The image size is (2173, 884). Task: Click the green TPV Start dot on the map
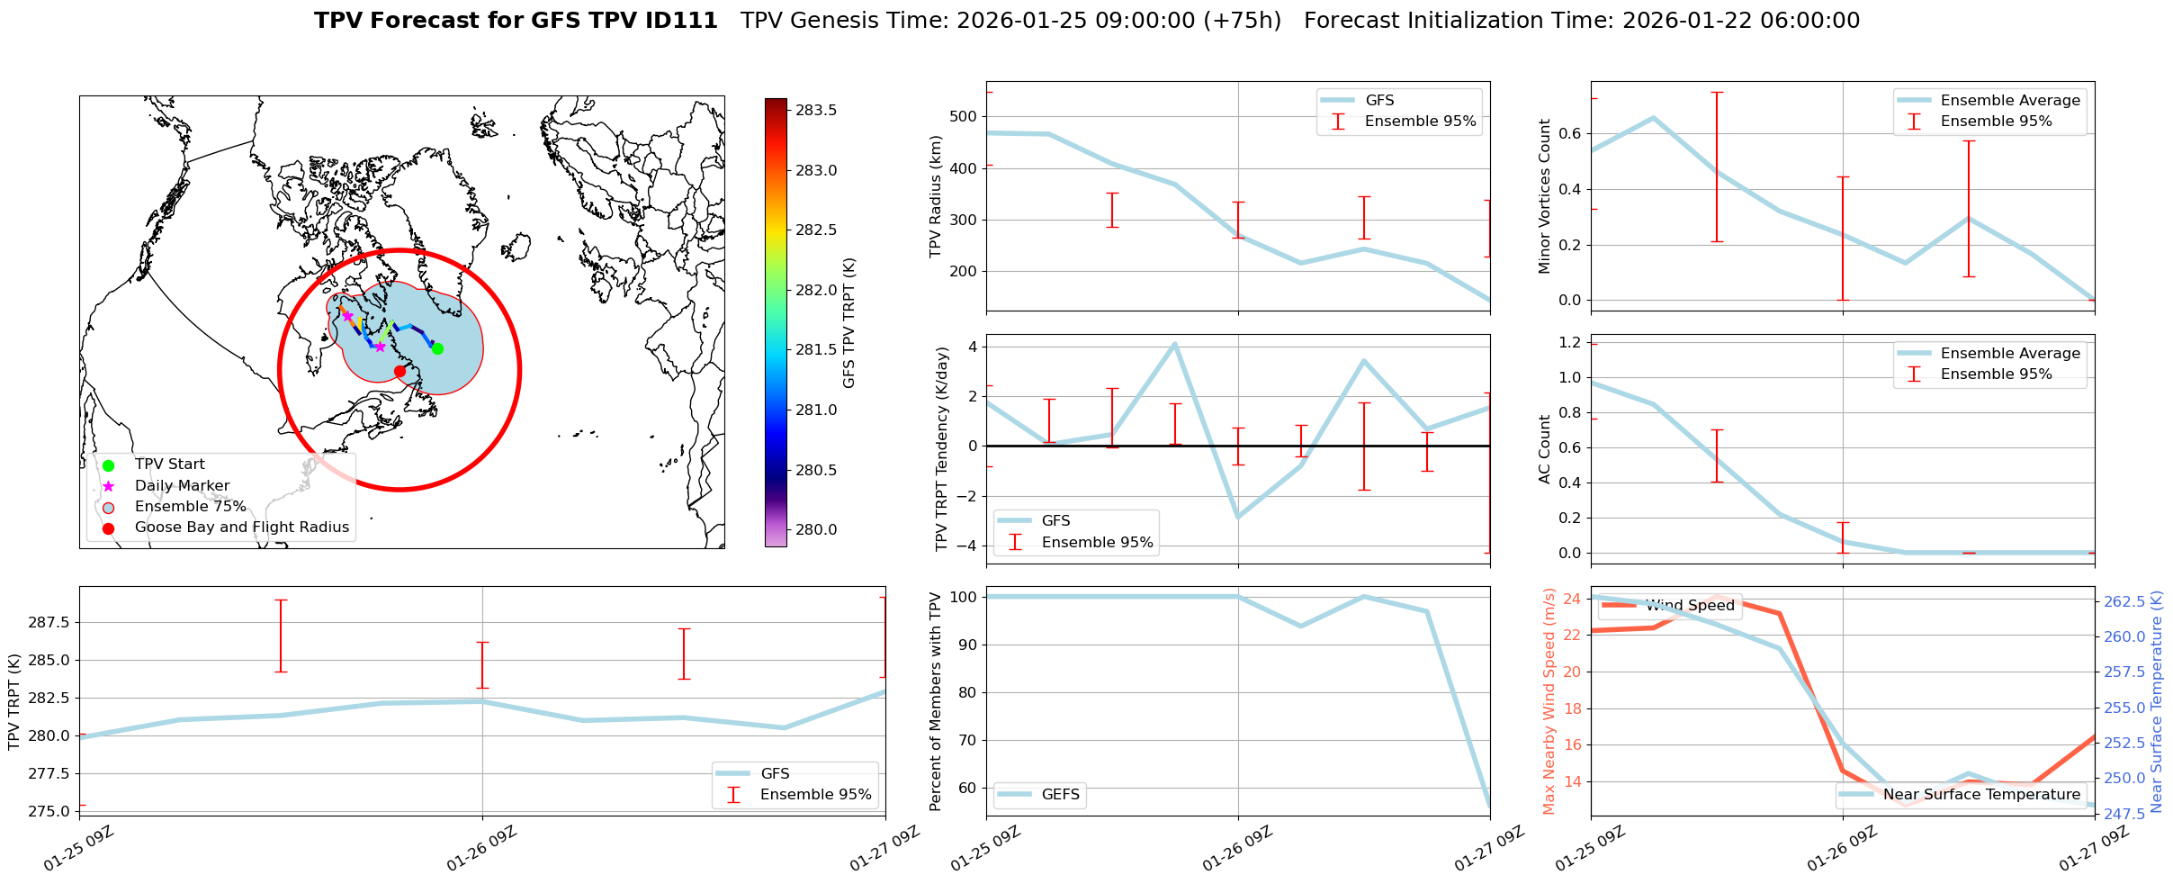click(437, 348)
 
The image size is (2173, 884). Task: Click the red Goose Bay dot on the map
click(400, 371)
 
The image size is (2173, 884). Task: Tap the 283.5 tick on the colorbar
click(816, 110)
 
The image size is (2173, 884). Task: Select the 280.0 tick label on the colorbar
click(816, 529)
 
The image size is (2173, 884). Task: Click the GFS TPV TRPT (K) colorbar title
click(849, 323)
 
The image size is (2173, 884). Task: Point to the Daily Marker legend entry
click(182, 485)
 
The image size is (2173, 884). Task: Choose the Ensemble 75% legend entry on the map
click(190, 506)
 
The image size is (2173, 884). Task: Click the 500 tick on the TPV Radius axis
click(961, 117)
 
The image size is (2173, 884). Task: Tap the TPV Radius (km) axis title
click(936, 196)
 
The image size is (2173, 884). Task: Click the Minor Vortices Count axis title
click(1545, 196)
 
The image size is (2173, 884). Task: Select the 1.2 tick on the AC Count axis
click(1569, 342)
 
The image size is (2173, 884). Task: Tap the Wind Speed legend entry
click(1690, 606)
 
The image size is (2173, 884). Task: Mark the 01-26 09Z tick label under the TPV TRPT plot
click(482, 847)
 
